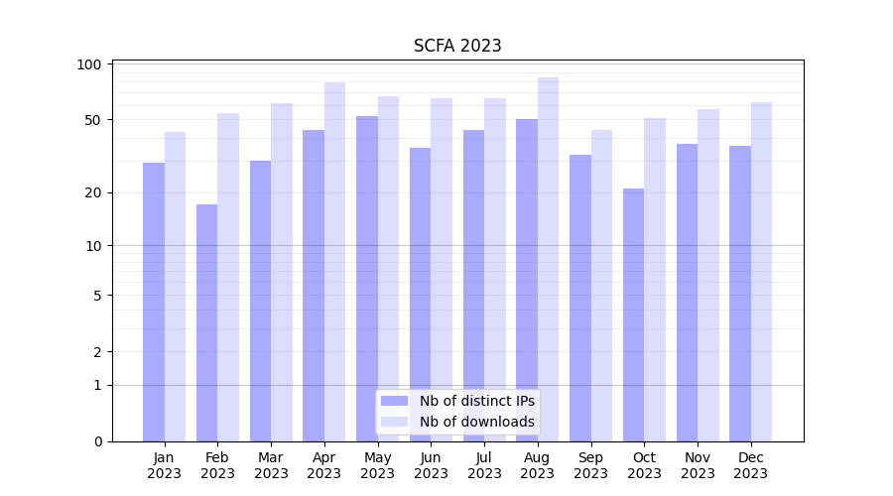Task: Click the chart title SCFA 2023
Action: pyautogui.click(x=457, y=46)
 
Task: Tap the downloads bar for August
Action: pyautogui.click(x=549, y=258)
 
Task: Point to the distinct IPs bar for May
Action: pyautogui.click(x=367, y=278)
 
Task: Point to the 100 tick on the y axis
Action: pyautogui.click(x=89, y=64)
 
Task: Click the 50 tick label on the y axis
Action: pyautogui.click(x=92, y=120)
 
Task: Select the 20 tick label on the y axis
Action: pyautogui.click(x=92, y=192)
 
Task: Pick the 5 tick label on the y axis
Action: pyautogui.click(x=96, y=296)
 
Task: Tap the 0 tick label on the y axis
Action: pyautogui.click(x=96, y=441)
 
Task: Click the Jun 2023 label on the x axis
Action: pyautogui.click(x=431, y=465)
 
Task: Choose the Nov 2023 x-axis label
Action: pyautogui.click(x=698, y=465)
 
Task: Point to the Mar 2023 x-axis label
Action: pyautogui.click(x=271, y=465)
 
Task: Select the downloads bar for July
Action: pyautogui.click(x=495, y=269)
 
